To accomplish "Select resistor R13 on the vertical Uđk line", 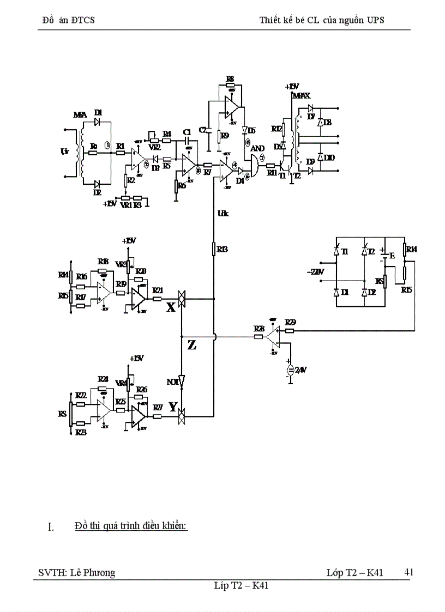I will click(x=214, y=249).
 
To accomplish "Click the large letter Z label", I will click(x=192, y=344).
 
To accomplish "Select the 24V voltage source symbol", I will click(x=290, y=371).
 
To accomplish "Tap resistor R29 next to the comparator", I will click(x=290, y=330).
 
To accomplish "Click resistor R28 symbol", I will click(x=259, y=337).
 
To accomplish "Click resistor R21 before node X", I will click(x=157, y=299).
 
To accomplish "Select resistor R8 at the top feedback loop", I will click(x=230, y=86).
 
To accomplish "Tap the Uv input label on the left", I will click(x=65, y=153).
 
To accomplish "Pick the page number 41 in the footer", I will click(x=408, y=572).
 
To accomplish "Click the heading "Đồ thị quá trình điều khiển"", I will click(x=131, y=526).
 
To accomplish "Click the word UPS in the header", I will click(x=374, y=20).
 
